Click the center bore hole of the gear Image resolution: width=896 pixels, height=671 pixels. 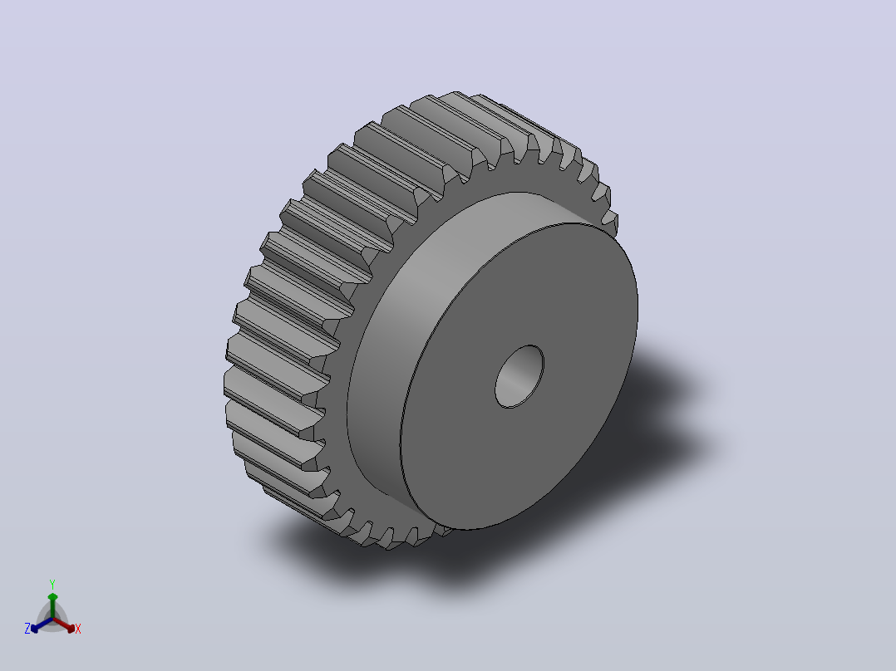pyautogui.click(x=519, y=376)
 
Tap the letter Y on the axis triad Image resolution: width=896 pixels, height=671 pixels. pyautogui.click(x=52, y=584)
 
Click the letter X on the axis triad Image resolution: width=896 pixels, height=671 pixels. pyautogui.click(x=78, y=629)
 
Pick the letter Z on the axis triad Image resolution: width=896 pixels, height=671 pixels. pyautogui.click(x=27, y=628)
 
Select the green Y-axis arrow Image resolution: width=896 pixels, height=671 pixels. pyautogui.click(x=52, y=605)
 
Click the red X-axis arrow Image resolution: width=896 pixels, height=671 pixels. pyautogui.click(x=64, y=624)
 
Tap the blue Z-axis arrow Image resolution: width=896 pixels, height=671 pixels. pyautogui.click(x=42, y=624)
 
